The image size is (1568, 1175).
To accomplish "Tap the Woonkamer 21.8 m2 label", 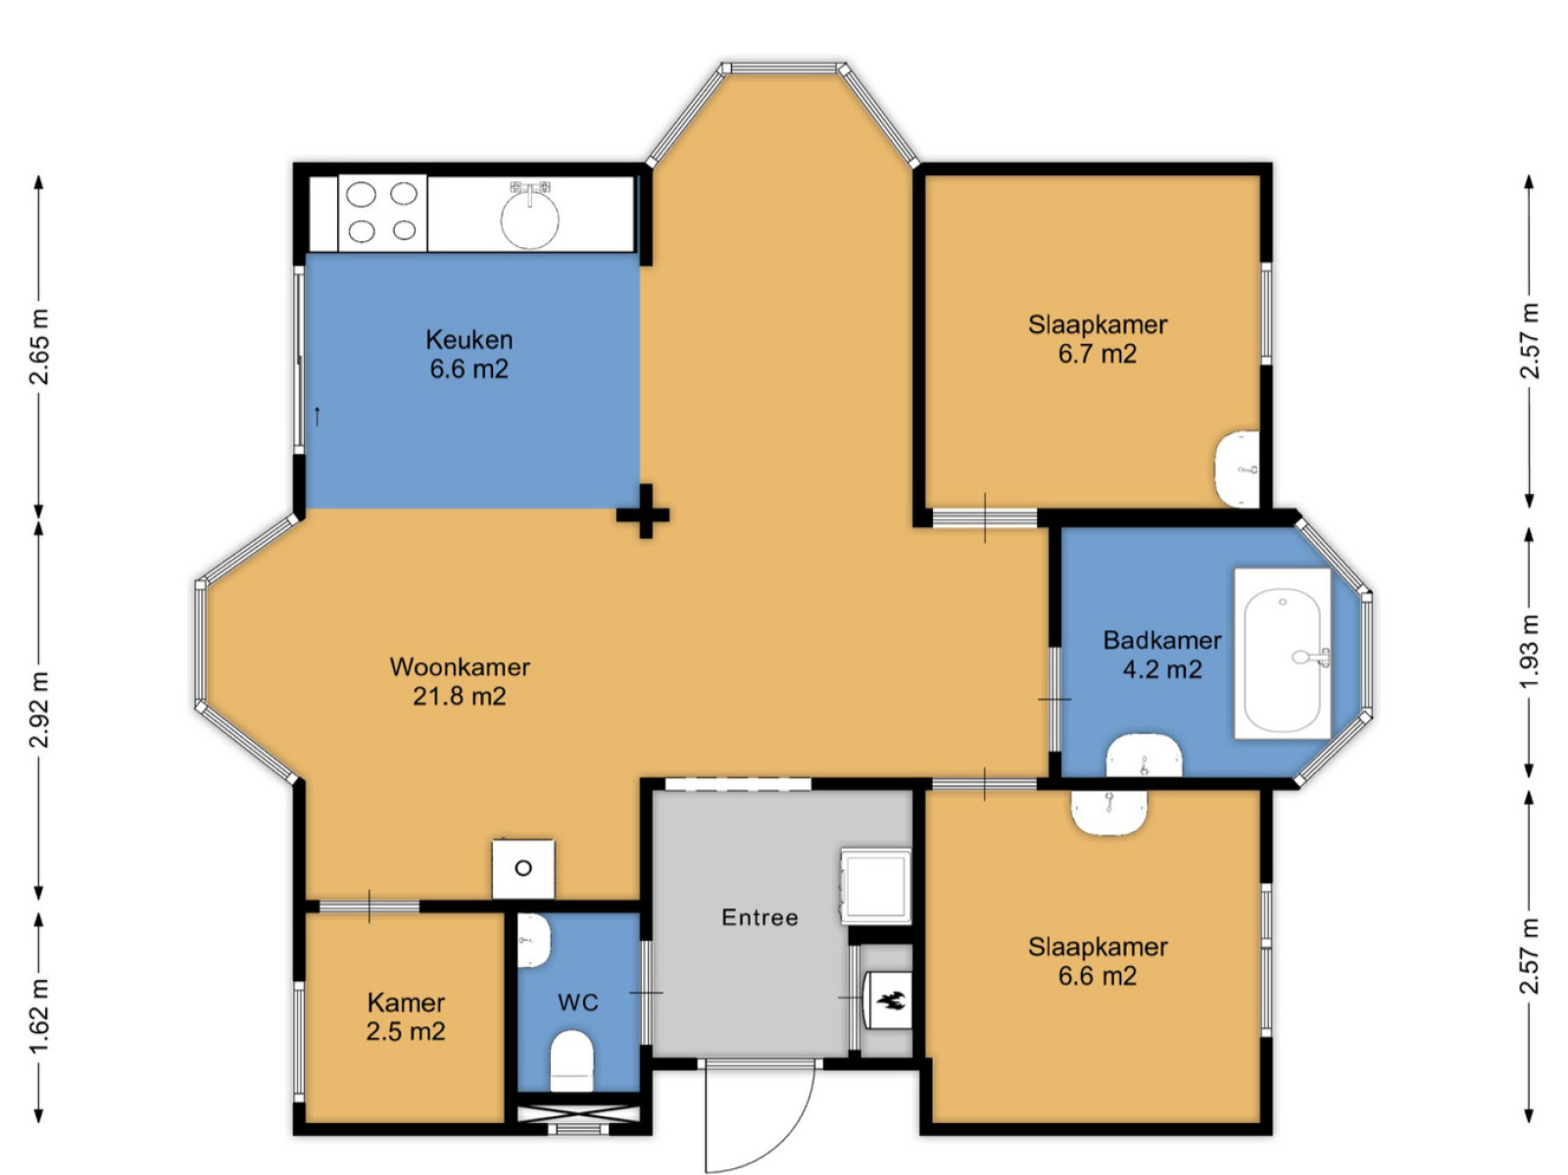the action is pyautogui.click(x=460, y=681).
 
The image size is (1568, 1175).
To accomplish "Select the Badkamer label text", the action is pyautogui.click(x=1161, y=639).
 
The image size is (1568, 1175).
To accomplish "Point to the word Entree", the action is pyautogui.click(x=759, y=917).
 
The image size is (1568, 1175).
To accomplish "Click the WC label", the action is pyautogui.click(x=577, y=1003).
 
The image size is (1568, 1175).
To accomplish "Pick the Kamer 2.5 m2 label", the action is pyautogui.click(x=406, y=1016).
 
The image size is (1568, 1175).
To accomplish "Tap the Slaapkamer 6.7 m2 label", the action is pyautogui.click(x=1098, y=339).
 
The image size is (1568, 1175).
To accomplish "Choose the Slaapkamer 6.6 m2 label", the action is pyautogui.click(x=1098, y=961).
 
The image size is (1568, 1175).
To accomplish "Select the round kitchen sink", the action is pyautogui.click(x=529, y=219).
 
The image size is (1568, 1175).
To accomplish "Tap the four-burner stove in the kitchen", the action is pyautogui.click(x=382, y=213).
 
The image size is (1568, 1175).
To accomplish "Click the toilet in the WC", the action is pyautogui.click(x=572, y=1060).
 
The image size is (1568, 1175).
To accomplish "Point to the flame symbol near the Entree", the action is pyautogui.click(x=892, y=1001).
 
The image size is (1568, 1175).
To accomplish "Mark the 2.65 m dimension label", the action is pyautogui.click(x=40, y=347).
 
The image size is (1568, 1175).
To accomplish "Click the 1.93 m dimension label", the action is pyautogui.click(x=1529, y=653).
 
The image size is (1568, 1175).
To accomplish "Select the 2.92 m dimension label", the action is pyautogui.click(x=40, y=710).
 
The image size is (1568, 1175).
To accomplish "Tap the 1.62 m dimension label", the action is pyautogui.click(x=40, y=1014).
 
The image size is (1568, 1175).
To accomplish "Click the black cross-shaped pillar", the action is pyautogui.click(x=644, y=512).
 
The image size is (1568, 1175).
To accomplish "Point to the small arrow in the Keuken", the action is pyautogui.click(x=318, y=416).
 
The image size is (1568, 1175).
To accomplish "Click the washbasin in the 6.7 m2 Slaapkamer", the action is pyautogui.click(x=1238, y=468).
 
